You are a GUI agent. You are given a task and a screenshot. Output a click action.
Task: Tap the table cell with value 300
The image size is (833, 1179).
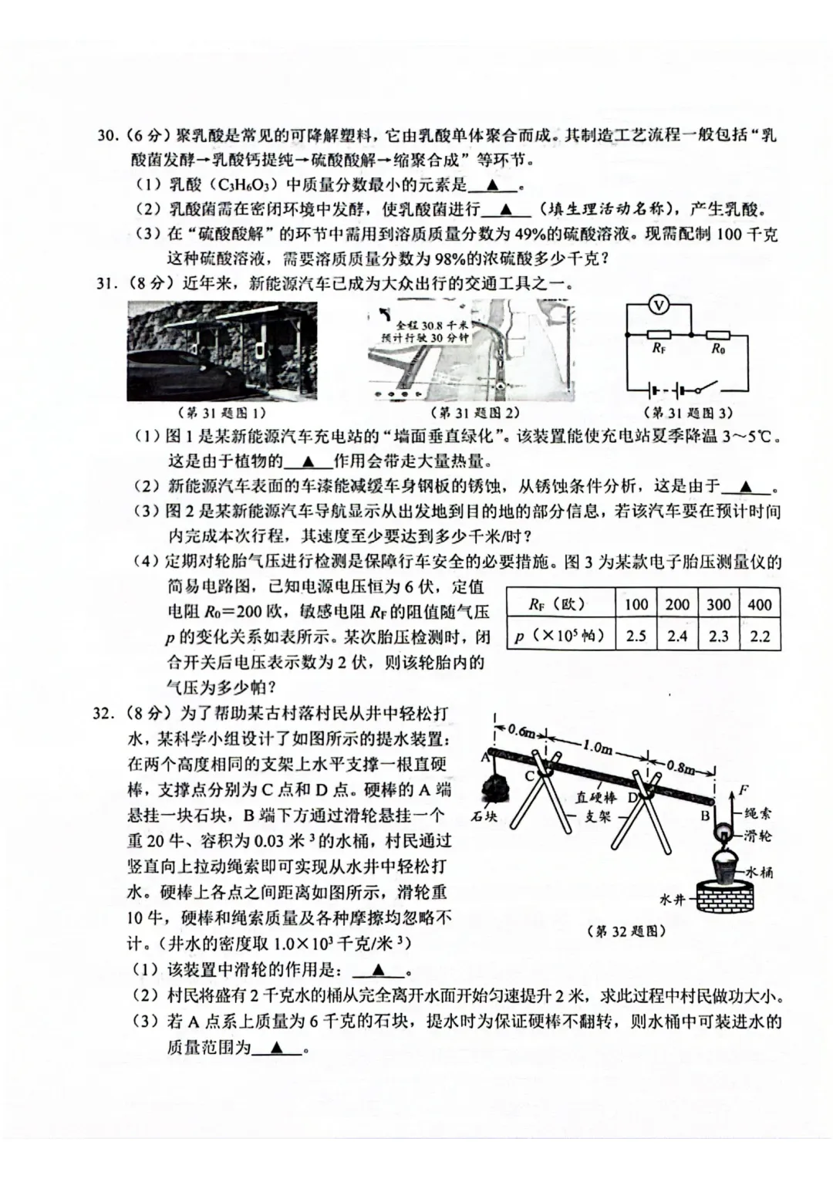pos(718,604)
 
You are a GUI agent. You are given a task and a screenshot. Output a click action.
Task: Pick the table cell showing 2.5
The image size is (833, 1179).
pos(636,637)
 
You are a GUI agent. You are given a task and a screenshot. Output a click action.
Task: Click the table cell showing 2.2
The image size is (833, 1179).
pos(759,637)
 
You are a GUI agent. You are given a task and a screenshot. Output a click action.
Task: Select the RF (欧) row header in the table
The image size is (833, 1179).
pos(558,604)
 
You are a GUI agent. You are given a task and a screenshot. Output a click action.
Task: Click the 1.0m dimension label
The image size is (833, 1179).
pos(596,747)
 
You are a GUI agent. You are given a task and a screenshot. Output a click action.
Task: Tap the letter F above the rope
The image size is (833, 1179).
pos(744,789)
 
